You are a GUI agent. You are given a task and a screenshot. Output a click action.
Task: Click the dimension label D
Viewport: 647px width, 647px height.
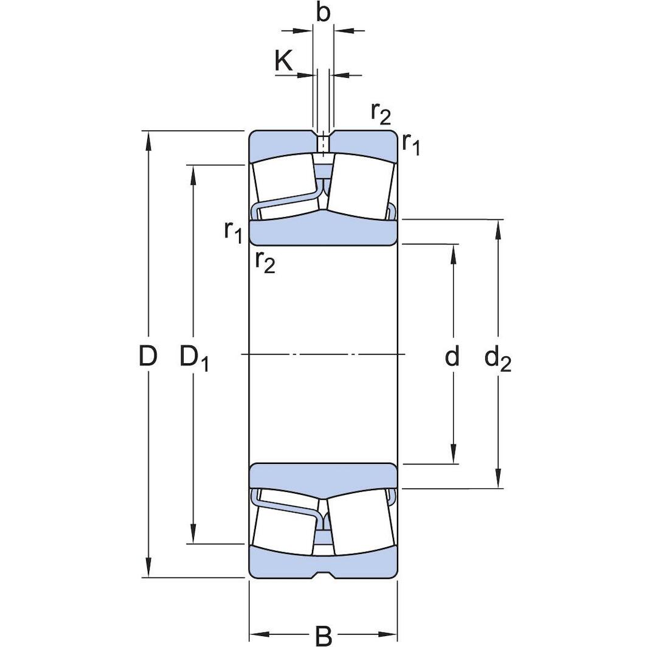(x=148, y=356)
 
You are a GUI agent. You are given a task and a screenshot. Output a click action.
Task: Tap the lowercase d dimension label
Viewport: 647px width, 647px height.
(x=452, y=357)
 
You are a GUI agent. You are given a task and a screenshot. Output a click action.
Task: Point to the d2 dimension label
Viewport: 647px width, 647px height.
(x=497, y=359)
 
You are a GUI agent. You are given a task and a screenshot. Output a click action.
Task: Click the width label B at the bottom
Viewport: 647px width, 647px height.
(x=323, y=636)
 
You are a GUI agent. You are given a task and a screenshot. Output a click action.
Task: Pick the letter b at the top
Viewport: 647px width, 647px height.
(x=323, y=13)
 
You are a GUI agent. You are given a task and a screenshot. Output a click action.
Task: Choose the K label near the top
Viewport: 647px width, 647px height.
(x=283, y=61)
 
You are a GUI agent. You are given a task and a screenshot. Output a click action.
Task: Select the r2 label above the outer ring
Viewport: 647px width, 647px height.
(x=381, y=113)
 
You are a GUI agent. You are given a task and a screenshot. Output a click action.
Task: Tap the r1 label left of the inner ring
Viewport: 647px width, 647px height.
(x=233, y=231)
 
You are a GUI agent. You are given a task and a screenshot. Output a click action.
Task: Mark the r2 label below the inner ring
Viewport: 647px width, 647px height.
(x=265, y=261)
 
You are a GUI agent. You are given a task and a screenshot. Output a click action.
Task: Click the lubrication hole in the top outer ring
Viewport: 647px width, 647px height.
(x=323, y=144)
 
